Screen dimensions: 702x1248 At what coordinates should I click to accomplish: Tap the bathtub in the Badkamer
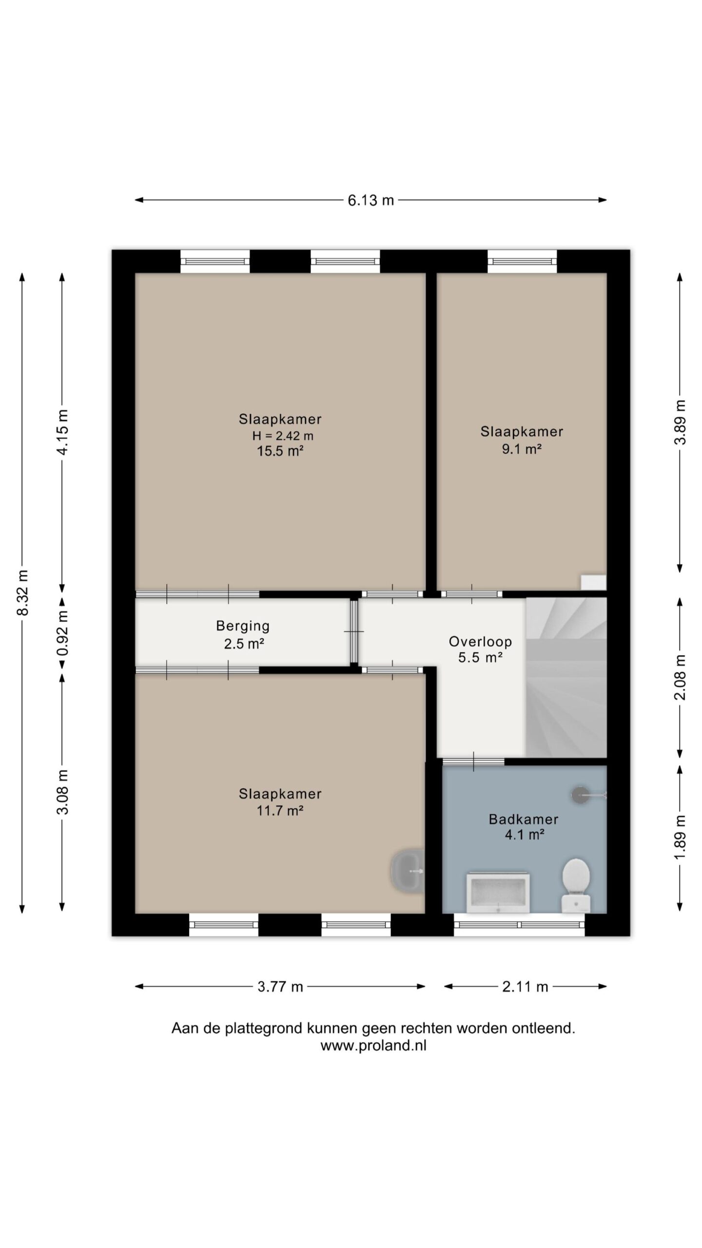498,892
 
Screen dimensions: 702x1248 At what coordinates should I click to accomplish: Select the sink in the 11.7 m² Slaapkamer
407,870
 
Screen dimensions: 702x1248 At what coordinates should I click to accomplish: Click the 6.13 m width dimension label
370,200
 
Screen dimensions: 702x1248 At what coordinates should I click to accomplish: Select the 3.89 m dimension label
680,422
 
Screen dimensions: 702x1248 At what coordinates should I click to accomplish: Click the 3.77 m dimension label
280,987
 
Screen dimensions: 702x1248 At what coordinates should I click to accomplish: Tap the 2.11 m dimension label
526,987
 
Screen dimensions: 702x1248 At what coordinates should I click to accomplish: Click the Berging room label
243,625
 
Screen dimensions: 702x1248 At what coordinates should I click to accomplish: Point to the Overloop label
480,642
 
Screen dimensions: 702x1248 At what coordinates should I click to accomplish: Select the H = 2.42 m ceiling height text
282,435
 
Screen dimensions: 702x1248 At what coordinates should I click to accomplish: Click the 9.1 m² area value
522,449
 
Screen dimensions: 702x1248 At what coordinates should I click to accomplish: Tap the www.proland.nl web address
373,1046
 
